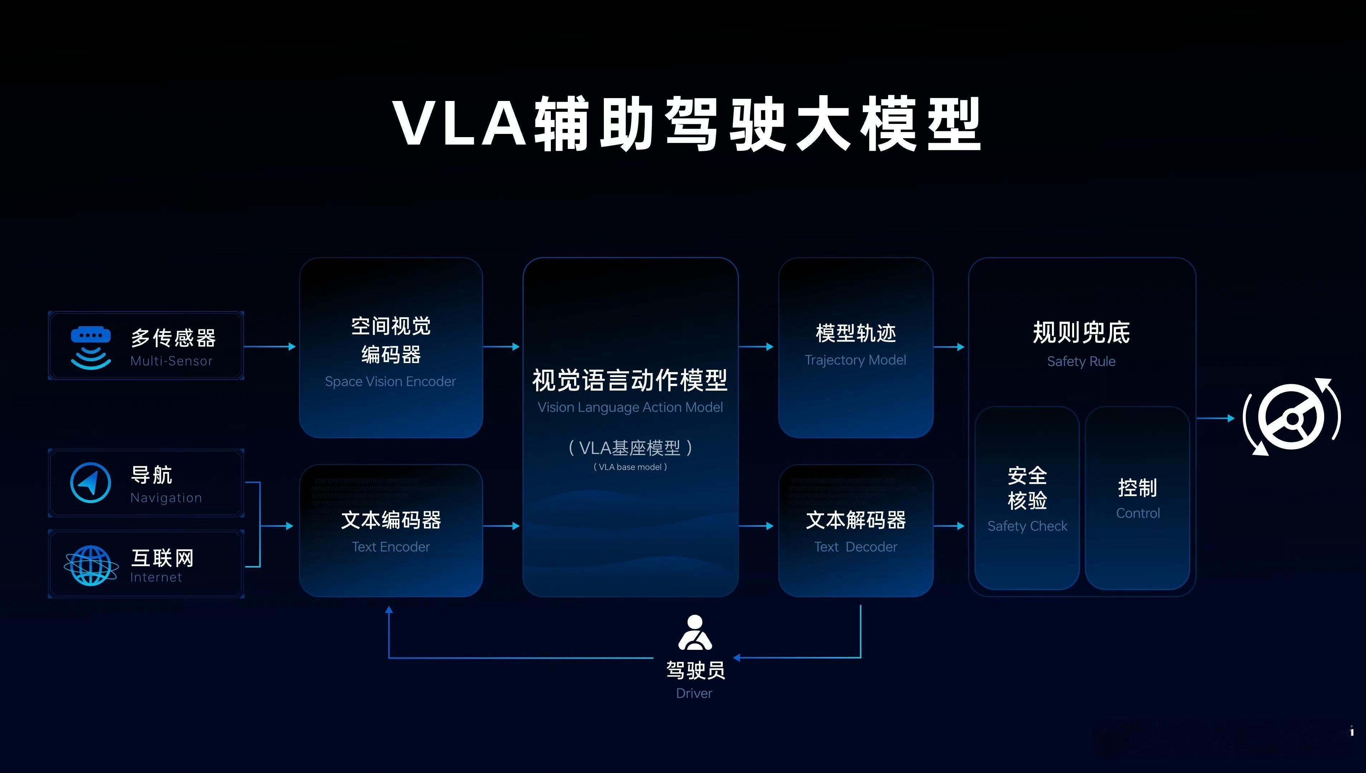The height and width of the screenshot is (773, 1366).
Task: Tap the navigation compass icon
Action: tap(91, 483)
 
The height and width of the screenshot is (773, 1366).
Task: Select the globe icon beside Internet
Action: tap(91, 565)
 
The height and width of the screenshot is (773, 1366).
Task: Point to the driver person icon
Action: tap(695, 633)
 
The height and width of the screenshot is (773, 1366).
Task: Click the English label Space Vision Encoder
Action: tap(390, 382)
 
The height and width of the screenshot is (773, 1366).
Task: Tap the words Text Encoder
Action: tap(391, 547)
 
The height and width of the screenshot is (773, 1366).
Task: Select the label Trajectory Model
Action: tap(855, 360)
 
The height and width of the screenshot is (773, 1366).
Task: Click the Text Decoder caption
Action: tap(855, 547)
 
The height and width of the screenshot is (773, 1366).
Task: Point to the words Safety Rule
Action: tap(1081, 362)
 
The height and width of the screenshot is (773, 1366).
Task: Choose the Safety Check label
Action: tap(1027, 526)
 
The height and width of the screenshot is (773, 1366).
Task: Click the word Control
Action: tap(1137, 513)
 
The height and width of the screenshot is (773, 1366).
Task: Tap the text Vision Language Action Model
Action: tap(630, 407)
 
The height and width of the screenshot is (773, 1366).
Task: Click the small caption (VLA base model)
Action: tap(630, 467)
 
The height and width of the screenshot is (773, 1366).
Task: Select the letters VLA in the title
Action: tap(460, 123)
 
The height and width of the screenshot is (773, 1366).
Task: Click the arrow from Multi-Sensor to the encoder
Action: tap(270, 347)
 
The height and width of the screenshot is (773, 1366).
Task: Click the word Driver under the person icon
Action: tap(694, 694)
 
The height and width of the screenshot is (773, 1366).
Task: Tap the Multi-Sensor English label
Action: tap(171, 361)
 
